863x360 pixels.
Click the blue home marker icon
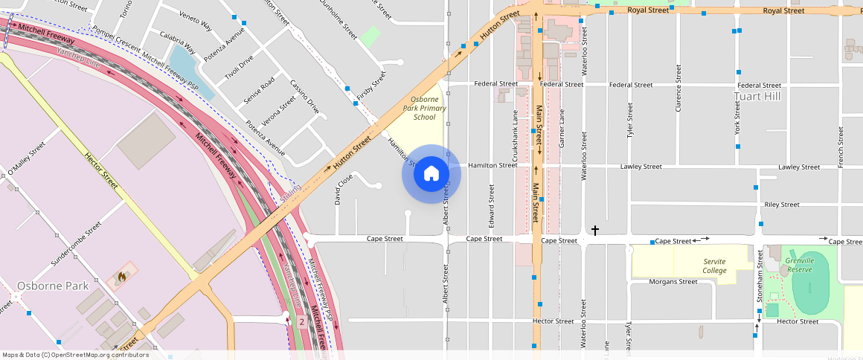tap(431, 174)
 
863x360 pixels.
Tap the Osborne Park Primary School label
tap(425, 108)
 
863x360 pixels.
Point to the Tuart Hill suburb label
tap(757, 97)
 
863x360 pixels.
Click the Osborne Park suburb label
tap(53, 286)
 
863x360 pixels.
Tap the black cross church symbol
tap(594, 231)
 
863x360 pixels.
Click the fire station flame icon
tap(121, 277)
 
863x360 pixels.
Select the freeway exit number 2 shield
tap(301, 321)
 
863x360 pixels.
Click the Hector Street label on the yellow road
tap(101, 172)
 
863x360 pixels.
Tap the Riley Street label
tap(781, 205)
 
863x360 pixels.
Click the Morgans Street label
tap(673, 282)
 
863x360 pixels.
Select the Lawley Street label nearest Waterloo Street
tap(641, 167)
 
